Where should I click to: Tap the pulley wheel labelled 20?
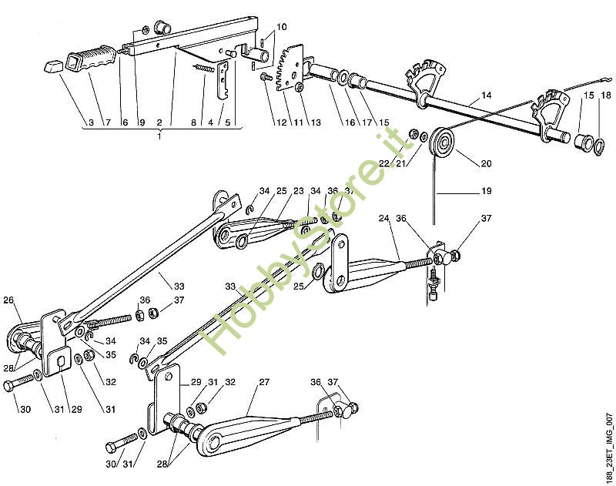(x=444, y=143)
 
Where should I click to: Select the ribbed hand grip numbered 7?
(x=92, y=59)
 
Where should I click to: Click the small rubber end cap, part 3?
(x=51, y=66)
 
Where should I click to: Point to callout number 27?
(x=263, y=382)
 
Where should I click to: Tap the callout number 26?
(x=8, y=300)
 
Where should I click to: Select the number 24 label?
(x=383, y=218)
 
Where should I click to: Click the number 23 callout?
(x=299, y=191)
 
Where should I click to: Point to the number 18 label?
(x=606, y=95)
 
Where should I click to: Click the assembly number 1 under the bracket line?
(x=159, y=136)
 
